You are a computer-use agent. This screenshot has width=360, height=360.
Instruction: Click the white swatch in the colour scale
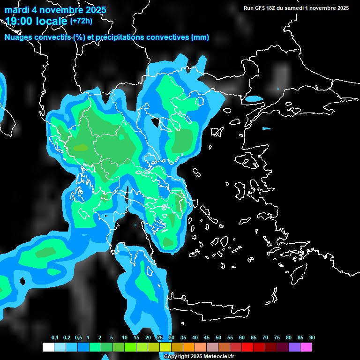coord(48,347)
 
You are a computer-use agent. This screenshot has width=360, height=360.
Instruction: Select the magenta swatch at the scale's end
coord(306,347)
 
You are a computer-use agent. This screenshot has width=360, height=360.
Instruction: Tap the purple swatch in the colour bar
coord(294,347)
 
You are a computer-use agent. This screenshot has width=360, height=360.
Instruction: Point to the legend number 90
coord(312,337)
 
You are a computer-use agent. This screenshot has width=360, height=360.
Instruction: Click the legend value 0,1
coord(55,337)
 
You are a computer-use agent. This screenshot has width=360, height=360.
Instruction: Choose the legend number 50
coord(218,337)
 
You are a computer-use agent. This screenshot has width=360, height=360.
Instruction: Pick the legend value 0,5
coord(78,337)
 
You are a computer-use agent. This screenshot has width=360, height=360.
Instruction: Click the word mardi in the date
coord(16,10)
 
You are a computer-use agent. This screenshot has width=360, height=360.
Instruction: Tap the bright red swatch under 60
coord(247,347)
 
